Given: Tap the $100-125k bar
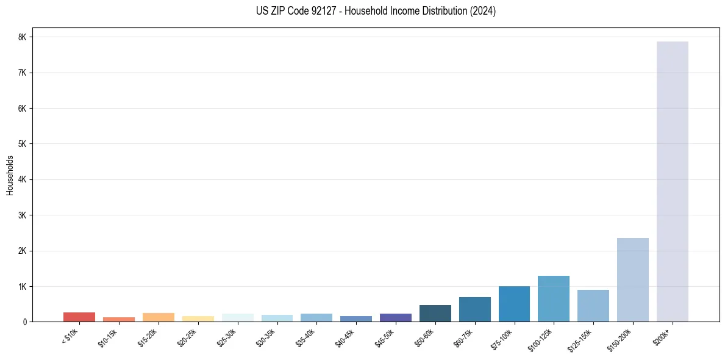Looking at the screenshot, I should coord(554,298).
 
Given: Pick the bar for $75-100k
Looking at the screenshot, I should coord(514,304).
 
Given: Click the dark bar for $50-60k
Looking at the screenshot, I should coord(435,313).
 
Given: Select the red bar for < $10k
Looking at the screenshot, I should coord(79,317).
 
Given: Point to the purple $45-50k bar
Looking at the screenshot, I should coord(395,317).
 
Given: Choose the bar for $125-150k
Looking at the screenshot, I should coord(593,305).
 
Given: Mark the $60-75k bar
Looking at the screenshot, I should coord(474,309).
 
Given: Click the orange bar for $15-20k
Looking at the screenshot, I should coord(158,317).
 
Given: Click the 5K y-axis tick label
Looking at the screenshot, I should coord(23,144).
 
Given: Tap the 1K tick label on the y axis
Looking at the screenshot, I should coord(23,286).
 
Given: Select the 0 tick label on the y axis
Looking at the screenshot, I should coord(24,322).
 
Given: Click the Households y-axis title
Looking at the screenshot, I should coord(10,175).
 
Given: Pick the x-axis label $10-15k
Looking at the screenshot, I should coord(109,337).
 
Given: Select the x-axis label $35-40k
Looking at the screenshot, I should coord(306,337).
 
